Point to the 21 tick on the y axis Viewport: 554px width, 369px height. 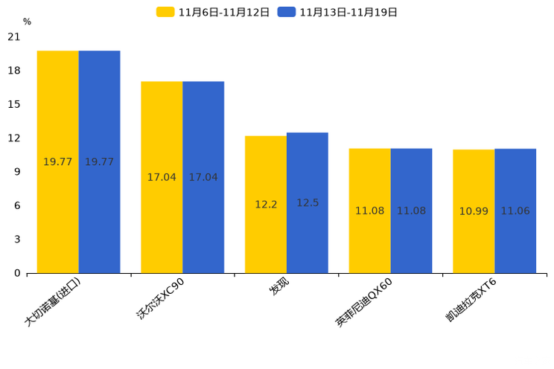pyautogui.click(x=14, y=36)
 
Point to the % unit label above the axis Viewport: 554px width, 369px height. pyautogui.click(x=27, y=22)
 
